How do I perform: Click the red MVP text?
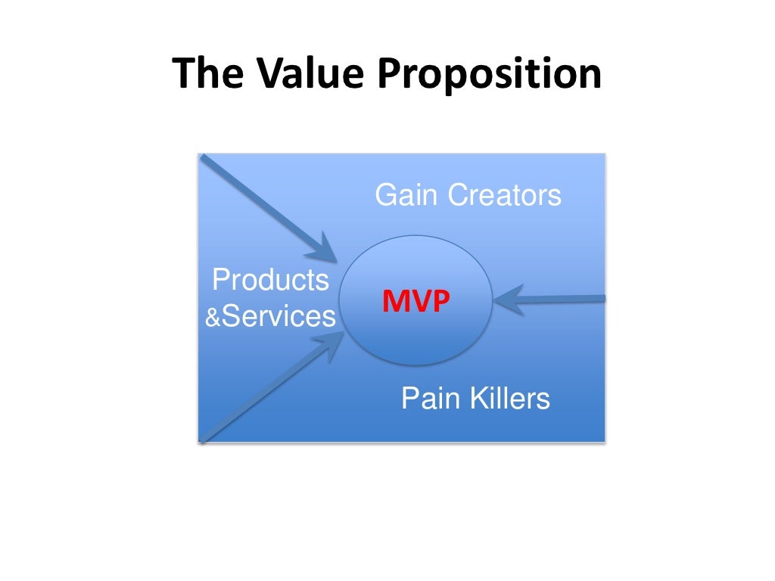[x=416, y=302]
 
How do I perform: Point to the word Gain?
[x=407, y=195]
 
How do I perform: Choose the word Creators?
[x=504, y=195]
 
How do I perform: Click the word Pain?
[x=428, y=398]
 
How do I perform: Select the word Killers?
[x=509, y=398]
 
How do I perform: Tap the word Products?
[x=270, y=280]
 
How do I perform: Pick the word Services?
[x=278, y=316]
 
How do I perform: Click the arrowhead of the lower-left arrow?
[x=331, y=346]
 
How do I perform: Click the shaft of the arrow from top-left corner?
[x=257, y=200]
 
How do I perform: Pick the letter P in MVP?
[x=440, y=302]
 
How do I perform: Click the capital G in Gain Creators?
[x=384, y=195]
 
